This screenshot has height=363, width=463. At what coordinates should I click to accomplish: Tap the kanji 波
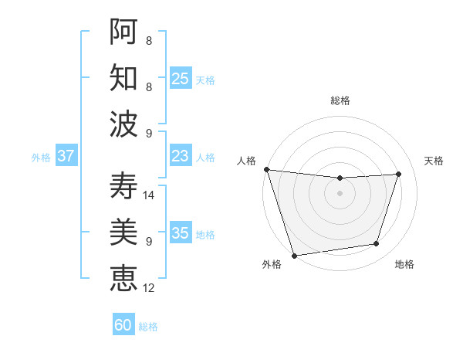click(123, 123)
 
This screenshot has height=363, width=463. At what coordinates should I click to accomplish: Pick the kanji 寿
click(123, 186)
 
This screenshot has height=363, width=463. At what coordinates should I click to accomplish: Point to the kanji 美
click(123, 232)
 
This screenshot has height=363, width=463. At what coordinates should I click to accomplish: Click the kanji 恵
click(123, 278)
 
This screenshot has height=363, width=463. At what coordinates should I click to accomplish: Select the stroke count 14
click(150, 195)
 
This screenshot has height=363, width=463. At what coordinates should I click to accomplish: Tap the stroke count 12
click(150, 288)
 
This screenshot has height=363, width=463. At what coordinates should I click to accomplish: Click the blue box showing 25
click(180, 78)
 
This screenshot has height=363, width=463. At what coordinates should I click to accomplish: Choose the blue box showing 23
click(180, 156)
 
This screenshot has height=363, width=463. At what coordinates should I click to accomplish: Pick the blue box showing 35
click(180, 233)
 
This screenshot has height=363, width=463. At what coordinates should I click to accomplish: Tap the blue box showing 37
click(66, 156)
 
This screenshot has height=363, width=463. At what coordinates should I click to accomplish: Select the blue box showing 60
click(123, 325)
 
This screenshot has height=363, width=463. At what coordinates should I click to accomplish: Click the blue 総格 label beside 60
click(148, 327)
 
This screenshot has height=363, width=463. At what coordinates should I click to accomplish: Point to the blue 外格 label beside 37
click(41, 158)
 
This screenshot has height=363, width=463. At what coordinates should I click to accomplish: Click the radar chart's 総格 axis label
click(340, 100)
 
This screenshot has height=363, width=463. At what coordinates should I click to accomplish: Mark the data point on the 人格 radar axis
click(266, 169)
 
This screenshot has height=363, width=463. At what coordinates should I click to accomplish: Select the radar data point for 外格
click(294, 255)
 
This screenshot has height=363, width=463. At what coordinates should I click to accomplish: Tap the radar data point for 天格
click(399, 174)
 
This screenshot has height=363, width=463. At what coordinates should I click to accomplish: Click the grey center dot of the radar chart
click(340, 193)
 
